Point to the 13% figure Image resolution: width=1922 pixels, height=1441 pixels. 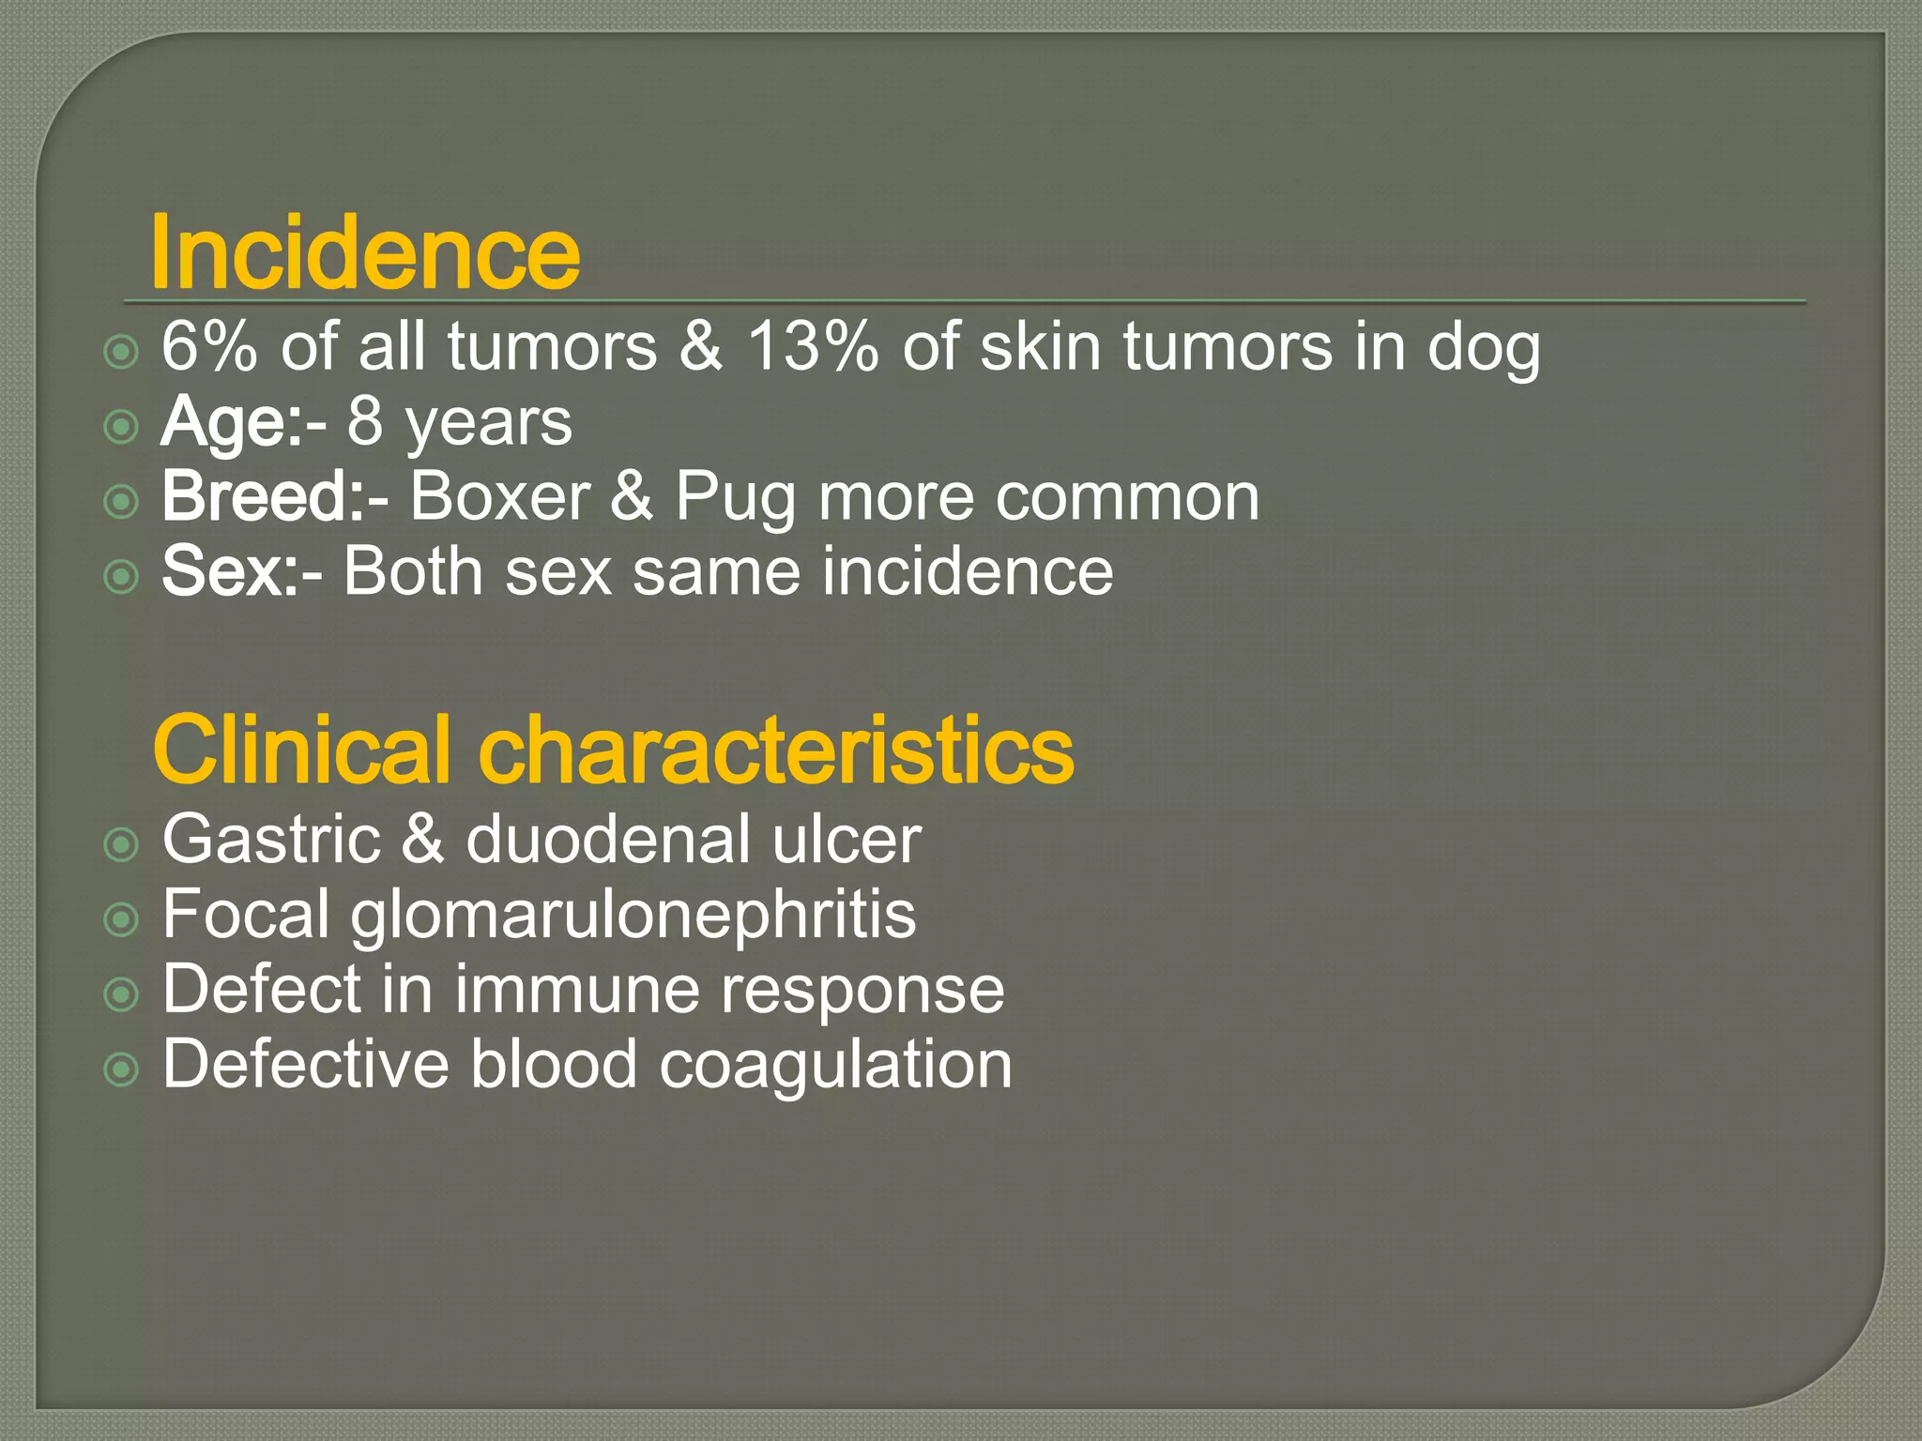point(813,346)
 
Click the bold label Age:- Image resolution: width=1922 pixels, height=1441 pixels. point(243,421)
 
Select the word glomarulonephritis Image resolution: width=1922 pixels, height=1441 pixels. point(633,916)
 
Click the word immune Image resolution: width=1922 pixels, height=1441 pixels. point(576,989)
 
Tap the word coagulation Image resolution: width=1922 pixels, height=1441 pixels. point(835,1066)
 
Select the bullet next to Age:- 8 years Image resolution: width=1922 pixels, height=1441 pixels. point(121,428)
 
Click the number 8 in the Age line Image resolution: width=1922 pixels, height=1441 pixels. point(365,421)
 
